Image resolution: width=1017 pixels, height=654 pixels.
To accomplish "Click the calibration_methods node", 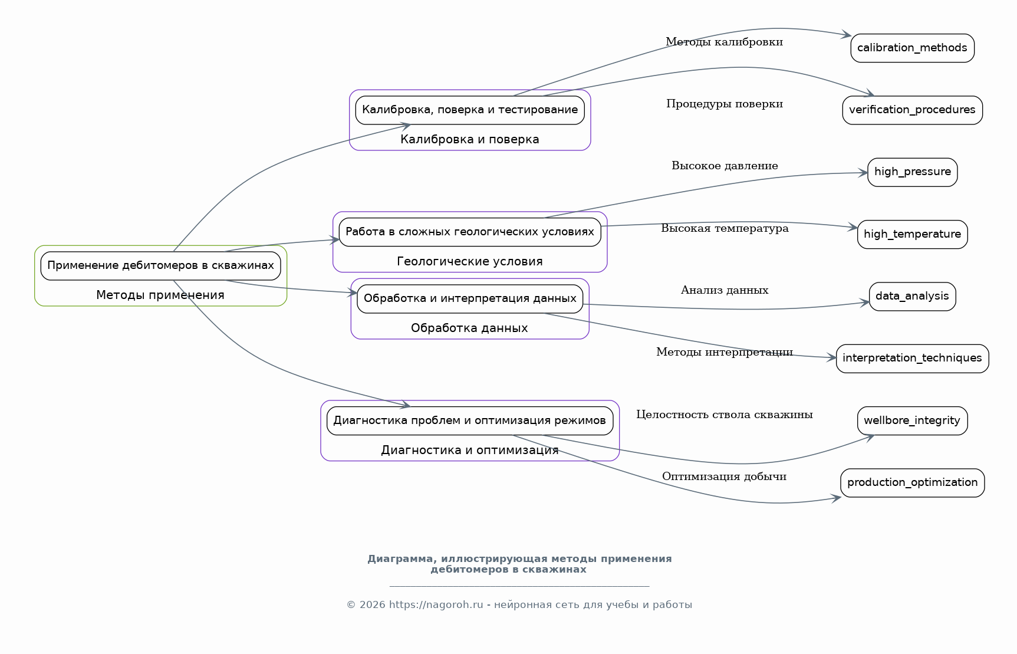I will click(x=912, y=48).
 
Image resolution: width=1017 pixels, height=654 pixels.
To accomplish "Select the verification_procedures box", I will click(x=912, y=110).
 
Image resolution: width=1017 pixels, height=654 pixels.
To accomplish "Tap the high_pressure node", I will click(x=912, y=172).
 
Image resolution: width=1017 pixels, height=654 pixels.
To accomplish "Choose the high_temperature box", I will click(x=912, y=234).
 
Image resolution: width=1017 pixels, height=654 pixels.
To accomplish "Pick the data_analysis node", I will click(x=912, y=296).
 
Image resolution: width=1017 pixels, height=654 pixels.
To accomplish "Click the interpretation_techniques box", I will click(x=912, y=358).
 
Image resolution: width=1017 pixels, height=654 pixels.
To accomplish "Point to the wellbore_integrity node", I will click(x=912, y=420).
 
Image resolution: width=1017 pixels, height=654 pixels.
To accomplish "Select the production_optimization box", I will click(x=912, y=482).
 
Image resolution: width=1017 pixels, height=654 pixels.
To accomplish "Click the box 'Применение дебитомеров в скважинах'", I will click(x=160, y=265).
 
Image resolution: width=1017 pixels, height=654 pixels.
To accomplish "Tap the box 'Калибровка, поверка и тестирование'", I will click(x=470, y=110).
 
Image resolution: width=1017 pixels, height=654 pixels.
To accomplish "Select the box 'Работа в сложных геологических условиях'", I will click(x=470, y=232).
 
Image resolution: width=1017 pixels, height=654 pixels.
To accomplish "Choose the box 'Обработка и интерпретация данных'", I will click(x=470, y=298).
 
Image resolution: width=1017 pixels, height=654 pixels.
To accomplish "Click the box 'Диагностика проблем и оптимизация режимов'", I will click(x=470, y=420).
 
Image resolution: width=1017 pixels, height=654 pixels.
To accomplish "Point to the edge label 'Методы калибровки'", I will click(x=724, y=42).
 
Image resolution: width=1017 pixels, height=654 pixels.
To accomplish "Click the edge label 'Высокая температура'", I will click(x=725, y=228).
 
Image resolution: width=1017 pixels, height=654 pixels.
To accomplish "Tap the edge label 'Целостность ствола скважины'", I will click(x=724, y=415).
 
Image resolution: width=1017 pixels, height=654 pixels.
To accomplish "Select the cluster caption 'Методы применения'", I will click(x=160, y=295).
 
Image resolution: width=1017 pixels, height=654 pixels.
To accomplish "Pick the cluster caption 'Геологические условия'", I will click(x=470, y=261).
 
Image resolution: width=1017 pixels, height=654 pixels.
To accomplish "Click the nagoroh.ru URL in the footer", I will click(x=436, y=604).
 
